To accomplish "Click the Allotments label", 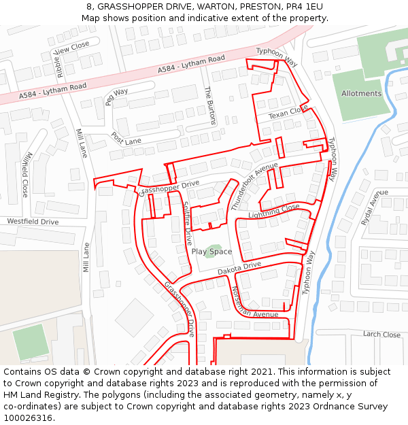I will [361, 93].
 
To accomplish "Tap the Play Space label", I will [211, 252].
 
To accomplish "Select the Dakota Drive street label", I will [239, 268].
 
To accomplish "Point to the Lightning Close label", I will [274, 211].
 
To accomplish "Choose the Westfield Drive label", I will [33, 222].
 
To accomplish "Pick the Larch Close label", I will [381, 334].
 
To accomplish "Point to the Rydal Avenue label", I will [370, 208].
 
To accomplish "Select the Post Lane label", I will [126, 138].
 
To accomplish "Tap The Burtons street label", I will [209, 105].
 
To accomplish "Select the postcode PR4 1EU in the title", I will [305, 6].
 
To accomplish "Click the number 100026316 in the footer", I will [29, 418].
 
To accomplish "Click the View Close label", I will [71, 48].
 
